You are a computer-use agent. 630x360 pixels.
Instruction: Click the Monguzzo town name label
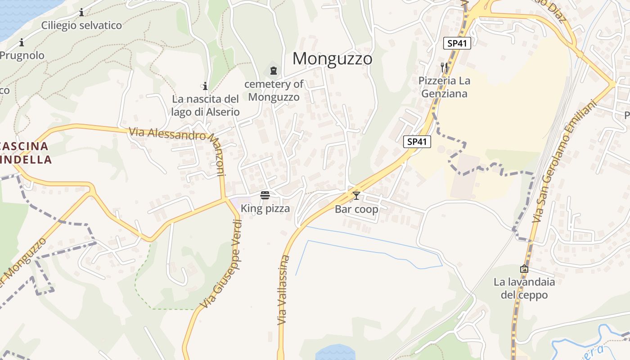tap(333, 59)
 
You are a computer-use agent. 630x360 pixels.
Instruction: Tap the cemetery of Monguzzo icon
tap(273, 70)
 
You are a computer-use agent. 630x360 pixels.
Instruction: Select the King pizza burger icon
tap(265, 195)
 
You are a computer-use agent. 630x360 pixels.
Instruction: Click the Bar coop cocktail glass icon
tap(356, 196)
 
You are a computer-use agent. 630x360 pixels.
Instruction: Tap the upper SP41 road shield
tap(457, 43)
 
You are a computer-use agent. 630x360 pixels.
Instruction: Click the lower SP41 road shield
tap(417, 142)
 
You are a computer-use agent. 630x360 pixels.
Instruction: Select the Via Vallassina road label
tap(283, 290)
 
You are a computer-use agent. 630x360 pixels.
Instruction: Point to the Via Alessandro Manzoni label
tap(180, 144)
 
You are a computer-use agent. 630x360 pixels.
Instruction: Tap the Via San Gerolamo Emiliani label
tap(563, 162)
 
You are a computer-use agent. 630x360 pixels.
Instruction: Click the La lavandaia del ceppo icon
tap(524, 269)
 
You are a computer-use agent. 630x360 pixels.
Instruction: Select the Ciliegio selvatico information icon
tap(81, 12)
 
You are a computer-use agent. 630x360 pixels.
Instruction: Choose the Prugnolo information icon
tap(22, 43)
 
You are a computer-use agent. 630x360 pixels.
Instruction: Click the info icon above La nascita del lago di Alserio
tap(205, 85)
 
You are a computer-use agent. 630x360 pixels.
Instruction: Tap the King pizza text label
tap(265, 209)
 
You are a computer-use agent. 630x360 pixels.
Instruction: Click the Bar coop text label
tap(356, 210)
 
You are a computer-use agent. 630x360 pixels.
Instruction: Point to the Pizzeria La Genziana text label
tap(443, 87)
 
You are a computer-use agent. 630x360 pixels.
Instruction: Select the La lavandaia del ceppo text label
tap(524, 288)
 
